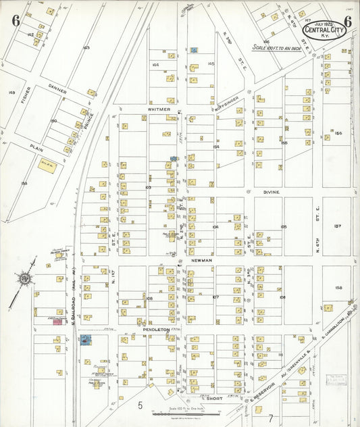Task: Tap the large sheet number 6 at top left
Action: coord(15,20)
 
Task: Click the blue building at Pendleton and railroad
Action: coord(86,340)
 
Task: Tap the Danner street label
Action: coord(57,88)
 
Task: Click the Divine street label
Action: coord(272,192)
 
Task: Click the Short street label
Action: coord(214,399)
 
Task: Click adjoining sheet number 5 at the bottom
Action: coord(140,405)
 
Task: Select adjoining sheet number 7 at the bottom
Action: coord(270,418)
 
